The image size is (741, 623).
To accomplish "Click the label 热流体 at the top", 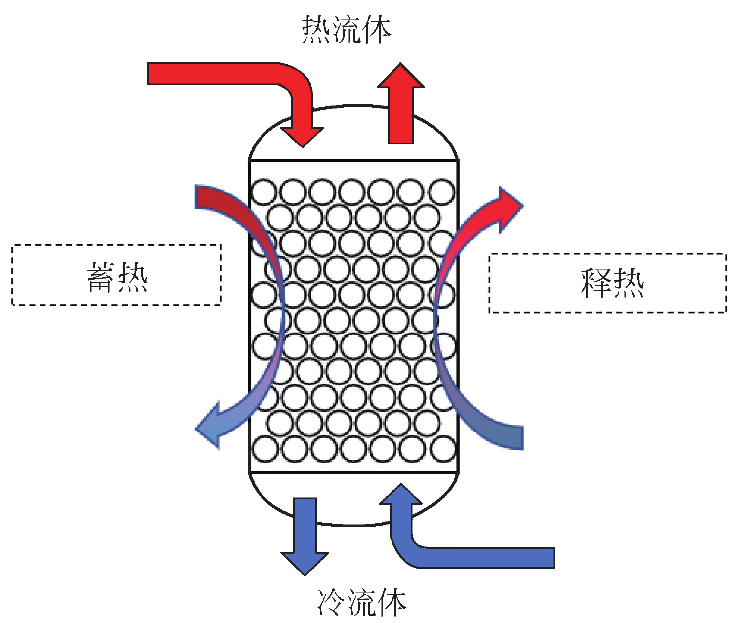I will (347, 29).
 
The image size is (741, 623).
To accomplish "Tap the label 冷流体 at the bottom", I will (361, 602).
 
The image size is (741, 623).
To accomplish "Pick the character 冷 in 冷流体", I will (331, 602).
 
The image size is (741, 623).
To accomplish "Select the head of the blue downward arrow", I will (305, 562).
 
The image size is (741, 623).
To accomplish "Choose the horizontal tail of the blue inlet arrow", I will (494, 557).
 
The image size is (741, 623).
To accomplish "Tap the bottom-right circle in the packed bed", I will (442, 450).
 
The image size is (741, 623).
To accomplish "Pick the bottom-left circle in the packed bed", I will (264, 450).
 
